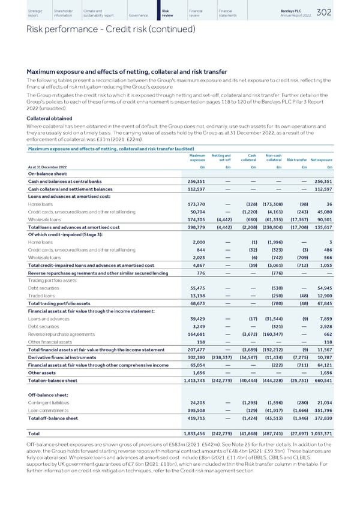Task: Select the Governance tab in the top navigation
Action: click(x=139, y=15)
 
